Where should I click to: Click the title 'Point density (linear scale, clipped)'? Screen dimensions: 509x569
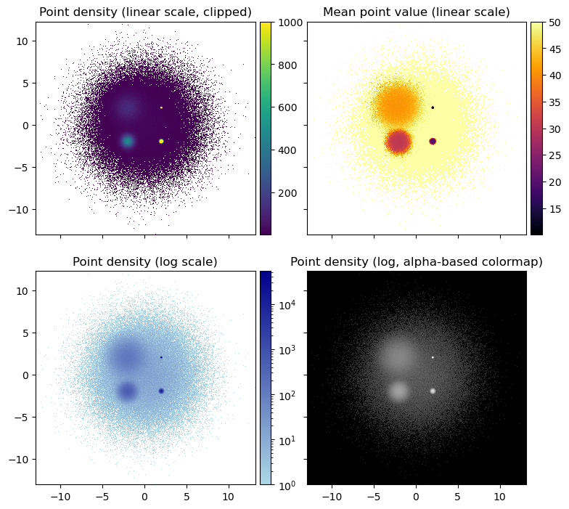(x=145, y=12)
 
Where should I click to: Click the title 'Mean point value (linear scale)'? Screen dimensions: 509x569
(x=416, y=12)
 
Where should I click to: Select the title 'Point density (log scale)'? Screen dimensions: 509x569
(x=145, y=261)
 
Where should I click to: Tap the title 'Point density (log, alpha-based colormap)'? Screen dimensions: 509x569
(x=416, y=261)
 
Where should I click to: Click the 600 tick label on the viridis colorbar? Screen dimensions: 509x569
(x=286, y=107)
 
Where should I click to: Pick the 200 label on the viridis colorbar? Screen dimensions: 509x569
(x=286, y=193)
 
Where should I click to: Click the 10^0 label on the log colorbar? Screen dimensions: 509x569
(x=287, y=484)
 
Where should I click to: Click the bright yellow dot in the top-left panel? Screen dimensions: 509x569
(x=161, y=141)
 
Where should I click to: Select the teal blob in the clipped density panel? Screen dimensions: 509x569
(x=128, y=142)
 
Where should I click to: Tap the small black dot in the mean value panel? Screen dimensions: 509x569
(x=433, y=107)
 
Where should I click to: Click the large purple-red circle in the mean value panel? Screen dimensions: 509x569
(x=398, y=141)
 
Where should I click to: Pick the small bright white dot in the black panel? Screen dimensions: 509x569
(x=433, y=357)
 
